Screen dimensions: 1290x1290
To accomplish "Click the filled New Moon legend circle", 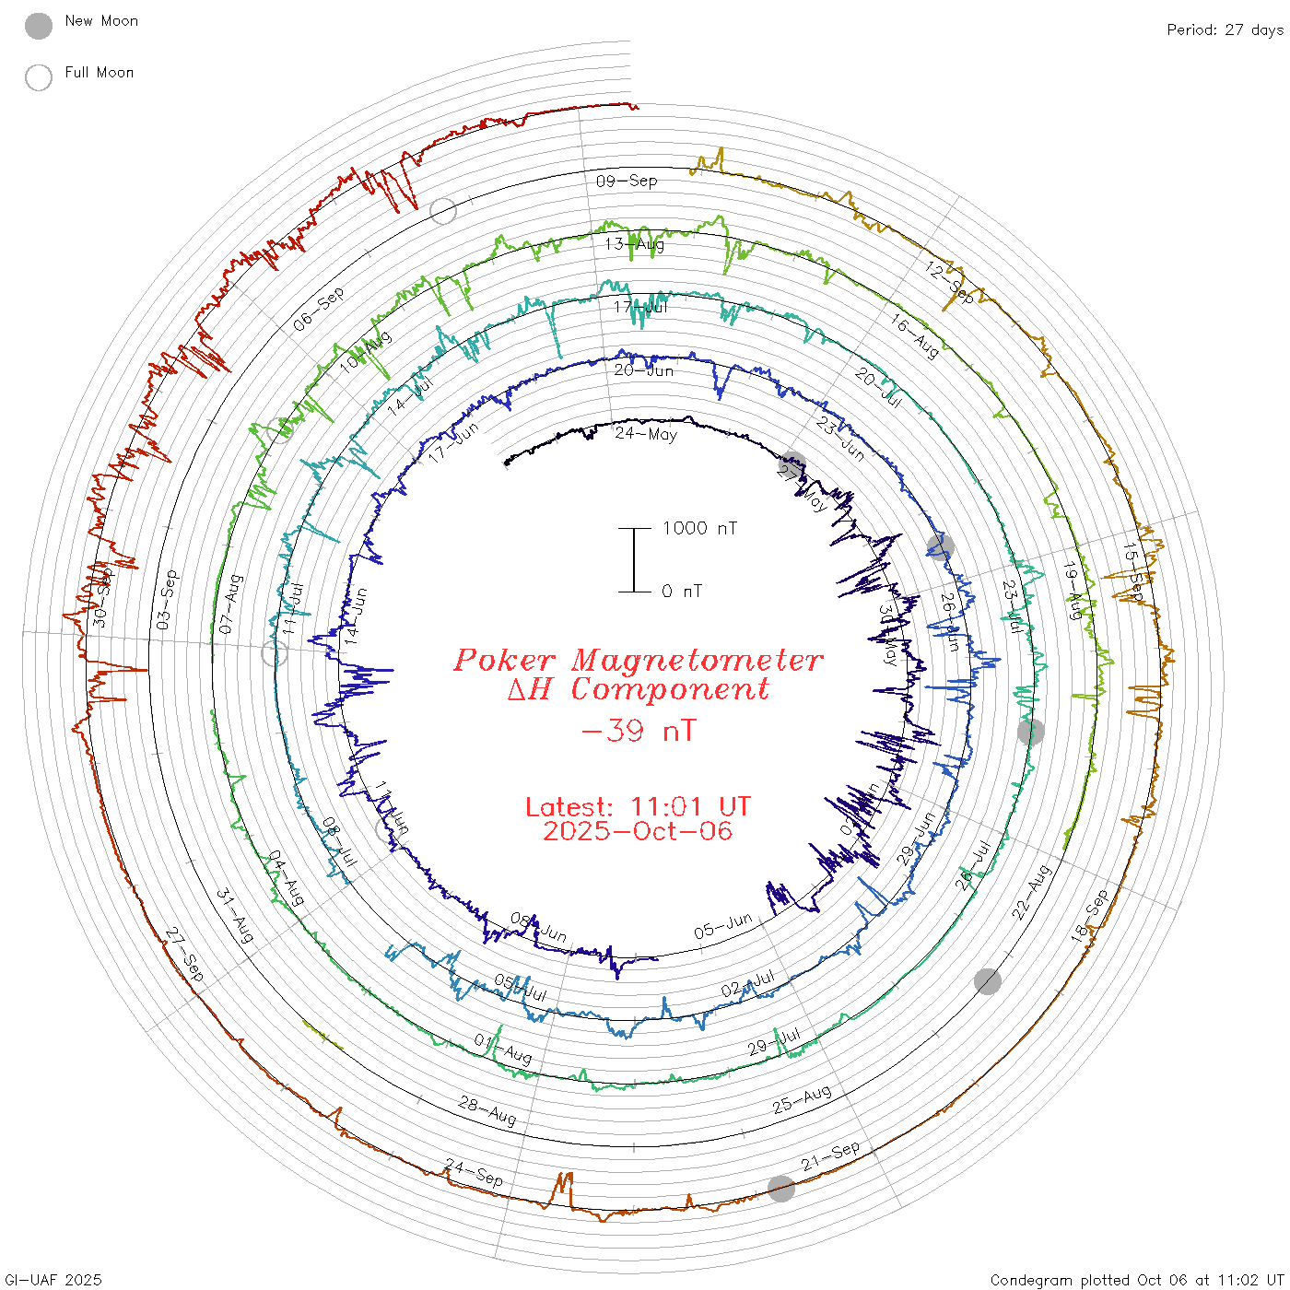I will click(39, 27).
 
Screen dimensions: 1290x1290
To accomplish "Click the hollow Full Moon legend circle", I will click(39, 77).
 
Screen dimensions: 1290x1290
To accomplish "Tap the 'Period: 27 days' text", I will click(1225, 30).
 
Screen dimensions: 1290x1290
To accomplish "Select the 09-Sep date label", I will click(627, 181).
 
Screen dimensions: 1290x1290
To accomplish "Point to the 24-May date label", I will click(646, 433).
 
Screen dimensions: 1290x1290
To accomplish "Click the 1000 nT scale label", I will click(699, 528).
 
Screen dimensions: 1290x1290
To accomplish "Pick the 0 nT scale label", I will click(682, 591).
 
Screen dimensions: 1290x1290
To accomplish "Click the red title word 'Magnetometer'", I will click(697, 660).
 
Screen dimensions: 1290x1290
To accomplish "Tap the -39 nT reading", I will click(639, 732).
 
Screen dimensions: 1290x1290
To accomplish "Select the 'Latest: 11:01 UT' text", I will click(638, 807).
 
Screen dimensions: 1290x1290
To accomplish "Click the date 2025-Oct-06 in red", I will click(638, 831).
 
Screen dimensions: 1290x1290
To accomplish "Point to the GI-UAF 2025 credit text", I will click(53, 1280).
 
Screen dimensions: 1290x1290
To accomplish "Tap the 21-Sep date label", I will click(830, 1155).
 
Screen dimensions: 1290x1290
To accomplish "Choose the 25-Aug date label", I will click(802, 1098).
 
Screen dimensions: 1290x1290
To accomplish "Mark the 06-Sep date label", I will click(319, 309).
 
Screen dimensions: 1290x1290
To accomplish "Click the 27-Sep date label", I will click(185, 954).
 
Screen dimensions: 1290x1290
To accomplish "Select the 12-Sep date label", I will click(950, 282).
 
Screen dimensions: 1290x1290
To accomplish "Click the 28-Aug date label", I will click(487, 1110).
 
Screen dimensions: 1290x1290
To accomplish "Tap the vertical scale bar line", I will click(634, 559).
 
